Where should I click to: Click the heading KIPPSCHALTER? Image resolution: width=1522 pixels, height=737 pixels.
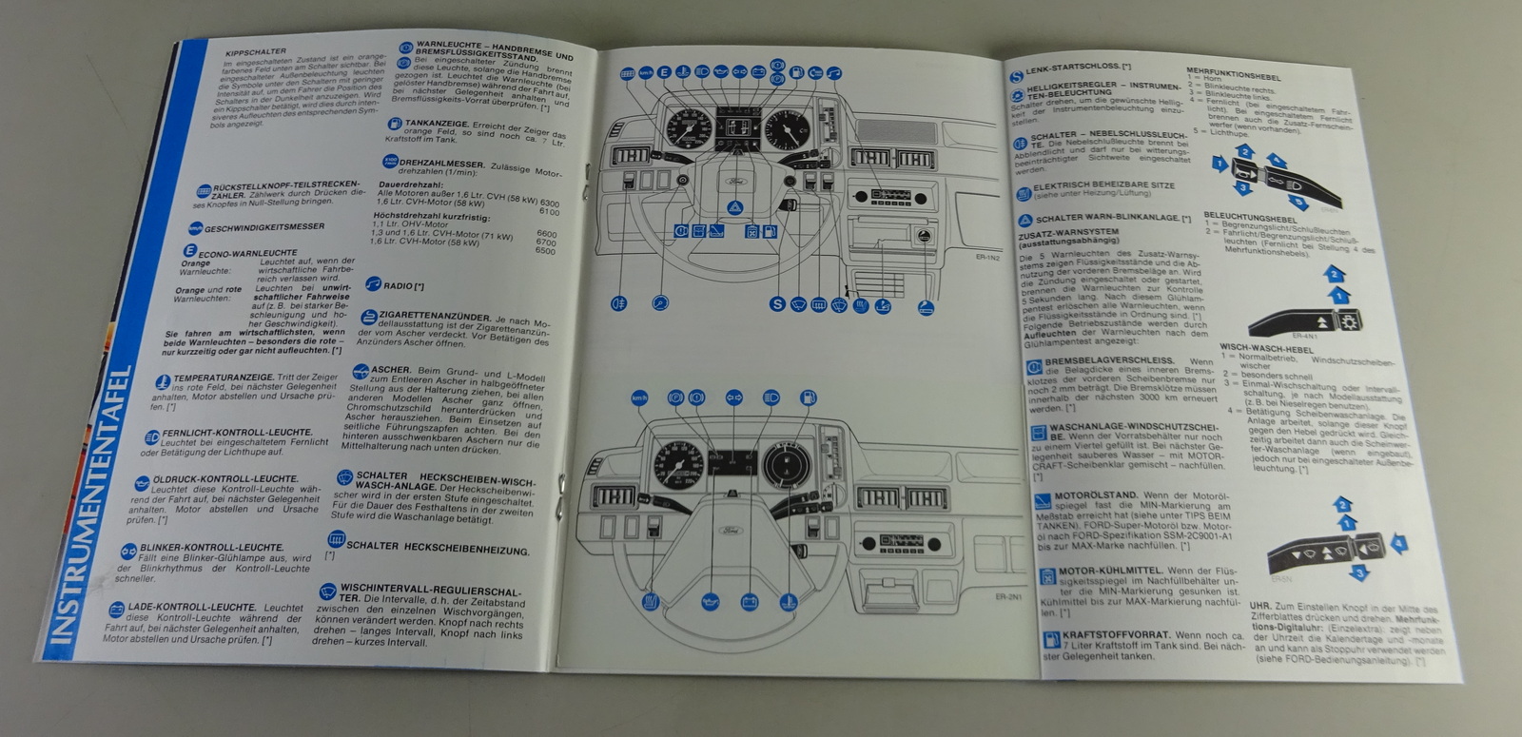pos(256,52)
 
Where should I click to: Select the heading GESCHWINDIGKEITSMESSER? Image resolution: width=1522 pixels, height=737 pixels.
pos(263,227)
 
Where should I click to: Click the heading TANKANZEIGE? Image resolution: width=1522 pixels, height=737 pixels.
pos(435,124)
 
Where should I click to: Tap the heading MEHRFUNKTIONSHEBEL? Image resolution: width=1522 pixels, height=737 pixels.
pos(1234,74)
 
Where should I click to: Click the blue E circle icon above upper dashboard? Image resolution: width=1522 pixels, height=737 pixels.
pos(664,72)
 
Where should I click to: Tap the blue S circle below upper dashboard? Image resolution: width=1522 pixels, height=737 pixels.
pos(777,303)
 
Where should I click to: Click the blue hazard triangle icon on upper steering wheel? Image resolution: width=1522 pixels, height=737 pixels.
pos(734,206)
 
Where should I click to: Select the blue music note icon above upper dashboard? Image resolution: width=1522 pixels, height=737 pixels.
pos(834,73)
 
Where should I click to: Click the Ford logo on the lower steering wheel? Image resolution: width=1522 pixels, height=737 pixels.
pos(731,529)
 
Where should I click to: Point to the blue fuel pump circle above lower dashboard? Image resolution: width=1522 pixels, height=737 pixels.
pos(809,397)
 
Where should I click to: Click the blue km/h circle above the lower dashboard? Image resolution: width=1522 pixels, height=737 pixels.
pos(639,398)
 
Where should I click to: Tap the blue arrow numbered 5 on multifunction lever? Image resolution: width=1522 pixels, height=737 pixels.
pos(1298,201)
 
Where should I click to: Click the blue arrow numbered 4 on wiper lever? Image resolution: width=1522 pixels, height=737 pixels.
pos(1398,543)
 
